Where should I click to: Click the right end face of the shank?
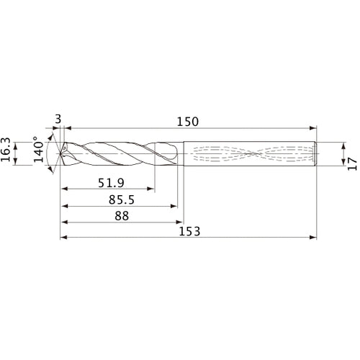(318, 153)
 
